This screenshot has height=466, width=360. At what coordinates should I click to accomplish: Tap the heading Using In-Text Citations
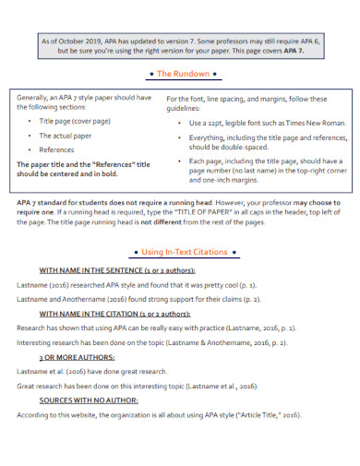(x=184, y=252)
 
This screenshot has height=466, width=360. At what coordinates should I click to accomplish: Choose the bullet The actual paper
(x=66, y=135)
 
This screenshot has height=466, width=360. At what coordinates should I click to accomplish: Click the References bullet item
(x=56, y=149)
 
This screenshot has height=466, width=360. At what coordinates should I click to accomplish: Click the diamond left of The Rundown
(x=150, y=73)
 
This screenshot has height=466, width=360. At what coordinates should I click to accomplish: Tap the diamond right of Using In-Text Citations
(x=235, y=252)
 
